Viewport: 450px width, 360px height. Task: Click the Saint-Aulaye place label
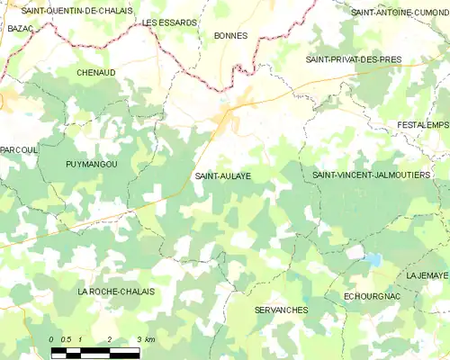tap(222, 176)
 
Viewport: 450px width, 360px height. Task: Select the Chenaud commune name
tap(95, 72)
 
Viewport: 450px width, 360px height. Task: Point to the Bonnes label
tap(231, 36)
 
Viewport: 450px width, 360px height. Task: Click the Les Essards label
tap(169, 22)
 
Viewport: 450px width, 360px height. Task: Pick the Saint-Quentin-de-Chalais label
tap(76, 11)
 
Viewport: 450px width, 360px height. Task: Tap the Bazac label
tap(20, 29)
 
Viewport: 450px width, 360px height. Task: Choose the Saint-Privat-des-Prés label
tap(353, 59)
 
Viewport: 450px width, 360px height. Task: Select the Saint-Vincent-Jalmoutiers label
tap(371, 175)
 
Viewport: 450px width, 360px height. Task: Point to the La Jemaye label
tap(427, 275)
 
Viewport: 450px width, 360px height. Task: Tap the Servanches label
tap(281, 310)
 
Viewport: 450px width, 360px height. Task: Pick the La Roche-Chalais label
tap(116, 292)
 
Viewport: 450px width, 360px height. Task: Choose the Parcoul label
tap(19, 149)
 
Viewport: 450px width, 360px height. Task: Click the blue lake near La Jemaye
tap(372, 261)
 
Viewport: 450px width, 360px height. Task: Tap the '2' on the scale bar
tap(109, 338)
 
